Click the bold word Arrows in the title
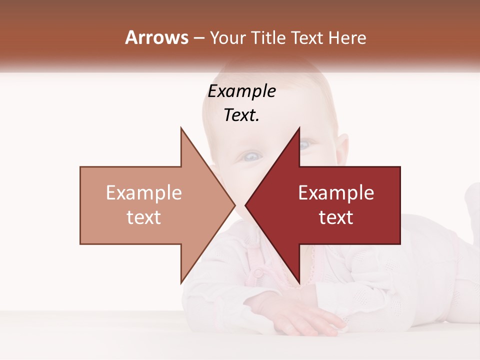pos(156,37)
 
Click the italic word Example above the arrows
pos(241,91)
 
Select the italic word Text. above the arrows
pos(241,115)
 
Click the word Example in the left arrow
pos(143,193)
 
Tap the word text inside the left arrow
pos(143,217)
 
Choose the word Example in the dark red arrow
pos(336,193)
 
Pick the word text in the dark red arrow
pos(336,217)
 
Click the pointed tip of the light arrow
pos(234,205)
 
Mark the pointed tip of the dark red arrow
pos(245,205)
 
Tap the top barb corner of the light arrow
pos(181,128)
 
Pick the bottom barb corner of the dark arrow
pos(299,283)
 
